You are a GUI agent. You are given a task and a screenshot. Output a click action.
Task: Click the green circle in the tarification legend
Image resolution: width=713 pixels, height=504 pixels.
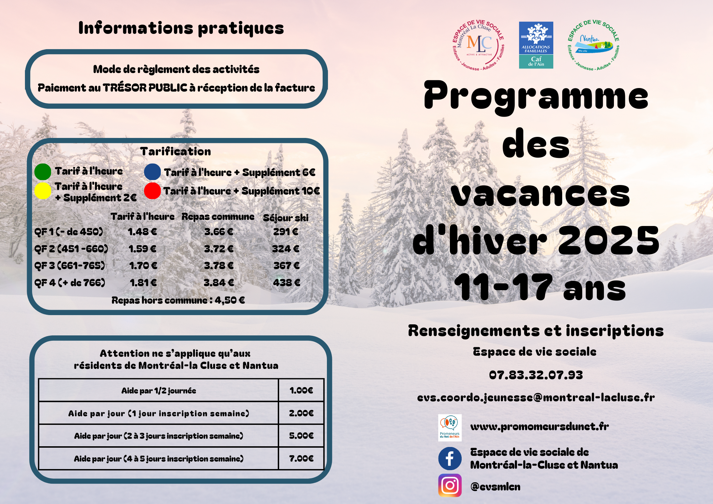[43, 172]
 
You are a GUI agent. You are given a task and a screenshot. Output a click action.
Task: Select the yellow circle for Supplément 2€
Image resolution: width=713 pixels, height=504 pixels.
[43, 191]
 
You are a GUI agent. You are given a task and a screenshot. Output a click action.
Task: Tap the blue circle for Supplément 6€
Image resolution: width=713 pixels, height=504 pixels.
[152, 172]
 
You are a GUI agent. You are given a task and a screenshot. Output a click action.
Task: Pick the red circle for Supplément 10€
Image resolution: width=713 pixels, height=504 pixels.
[152, 191]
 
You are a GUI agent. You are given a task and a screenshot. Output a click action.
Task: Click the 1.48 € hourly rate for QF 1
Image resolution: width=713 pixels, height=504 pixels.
[142, 232]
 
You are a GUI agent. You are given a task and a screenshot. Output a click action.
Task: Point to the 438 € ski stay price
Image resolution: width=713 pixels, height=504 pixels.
[286, 283]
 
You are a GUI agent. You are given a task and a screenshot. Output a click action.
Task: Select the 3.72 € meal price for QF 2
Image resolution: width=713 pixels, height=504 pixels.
[219, 249]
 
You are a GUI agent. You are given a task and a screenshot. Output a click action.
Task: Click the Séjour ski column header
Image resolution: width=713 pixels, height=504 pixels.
[286, 218]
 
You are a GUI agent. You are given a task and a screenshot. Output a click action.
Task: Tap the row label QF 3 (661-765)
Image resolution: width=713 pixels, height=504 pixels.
[70, 266]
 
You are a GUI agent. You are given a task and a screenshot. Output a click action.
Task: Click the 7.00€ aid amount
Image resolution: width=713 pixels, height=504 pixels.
[301, 458]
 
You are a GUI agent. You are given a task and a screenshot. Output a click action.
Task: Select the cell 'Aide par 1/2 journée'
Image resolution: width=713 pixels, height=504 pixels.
[159, 391]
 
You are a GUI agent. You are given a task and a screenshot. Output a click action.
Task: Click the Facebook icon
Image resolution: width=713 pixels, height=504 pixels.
[450, 458]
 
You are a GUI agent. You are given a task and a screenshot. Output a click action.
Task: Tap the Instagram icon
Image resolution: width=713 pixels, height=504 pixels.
[450, 485]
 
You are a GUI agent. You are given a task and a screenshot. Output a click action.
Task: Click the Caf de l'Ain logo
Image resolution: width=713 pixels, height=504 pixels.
[536, 45]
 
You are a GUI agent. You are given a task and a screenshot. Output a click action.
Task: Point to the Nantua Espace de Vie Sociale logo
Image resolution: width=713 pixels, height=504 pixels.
[593, 45]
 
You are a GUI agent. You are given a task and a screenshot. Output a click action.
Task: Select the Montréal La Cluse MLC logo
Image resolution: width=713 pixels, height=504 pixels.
[478, 45]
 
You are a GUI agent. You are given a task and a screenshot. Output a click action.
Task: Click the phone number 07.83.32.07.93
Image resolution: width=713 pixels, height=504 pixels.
[536, 375]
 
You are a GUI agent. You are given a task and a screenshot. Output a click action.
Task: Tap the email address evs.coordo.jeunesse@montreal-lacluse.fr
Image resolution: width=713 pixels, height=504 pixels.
[536, 397]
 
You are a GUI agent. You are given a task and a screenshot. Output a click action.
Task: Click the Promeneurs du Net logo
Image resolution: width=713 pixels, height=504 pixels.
[450, 428]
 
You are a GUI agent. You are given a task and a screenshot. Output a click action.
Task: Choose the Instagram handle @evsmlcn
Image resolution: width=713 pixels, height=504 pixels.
[495, 487]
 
